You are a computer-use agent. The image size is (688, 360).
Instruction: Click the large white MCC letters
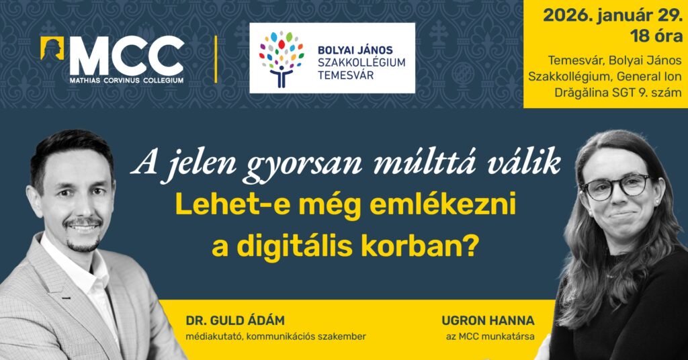(x=126, y=56)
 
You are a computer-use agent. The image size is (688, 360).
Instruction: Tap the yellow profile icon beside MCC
(x=52, y=49)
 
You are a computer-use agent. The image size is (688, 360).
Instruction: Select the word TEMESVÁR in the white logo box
(x=346, y=76)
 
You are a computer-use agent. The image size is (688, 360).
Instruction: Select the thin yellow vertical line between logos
(x=216, y=59)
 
